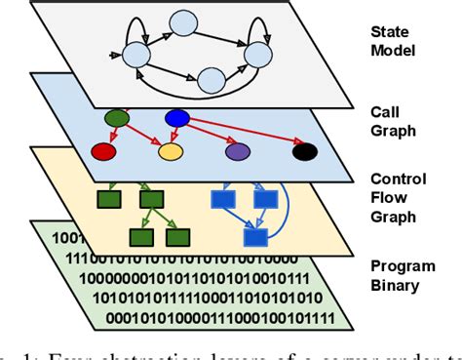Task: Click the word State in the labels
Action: pyautogui.click(x=390, y=31)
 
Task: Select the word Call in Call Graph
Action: pyautogui.click(x=386, y=112)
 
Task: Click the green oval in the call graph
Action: pyautogui.click(x=117, y=119)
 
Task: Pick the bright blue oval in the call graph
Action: pyautogui.click(x=177, y=119)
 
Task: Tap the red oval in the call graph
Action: pyautogui.click(x=102, y=152)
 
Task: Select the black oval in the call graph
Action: pyautogui.click(x=305, y=151)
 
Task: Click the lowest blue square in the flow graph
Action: pyautogui.click(x=256, y=237)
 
